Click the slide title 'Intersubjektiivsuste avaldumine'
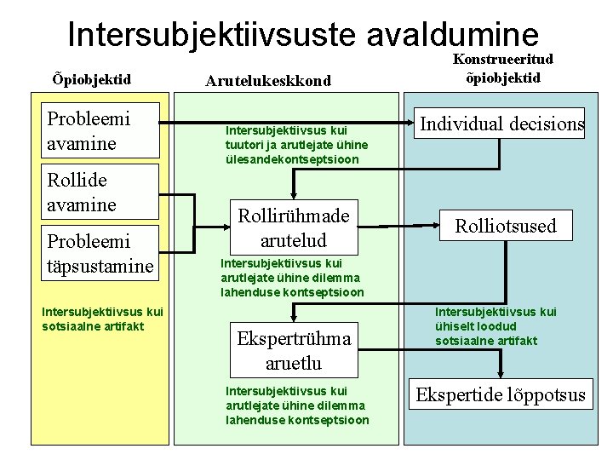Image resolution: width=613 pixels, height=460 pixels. tap(303, 34)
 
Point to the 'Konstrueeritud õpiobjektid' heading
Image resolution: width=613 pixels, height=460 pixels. tap(502, 67)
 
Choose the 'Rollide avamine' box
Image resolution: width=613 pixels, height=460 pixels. tap(100, 192)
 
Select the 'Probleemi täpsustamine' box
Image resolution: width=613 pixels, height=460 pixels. tap(100, 253)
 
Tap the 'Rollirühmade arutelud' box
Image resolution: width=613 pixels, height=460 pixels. tap(294, 226)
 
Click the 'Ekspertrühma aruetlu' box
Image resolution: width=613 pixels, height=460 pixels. tap(294, 350)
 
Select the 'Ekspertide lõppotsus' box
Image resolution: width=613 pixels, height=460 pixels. tap(501, 394)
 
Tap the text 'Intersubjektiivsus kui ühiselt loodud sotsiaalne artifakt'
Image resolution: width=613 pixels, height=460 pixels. tap(496, 326)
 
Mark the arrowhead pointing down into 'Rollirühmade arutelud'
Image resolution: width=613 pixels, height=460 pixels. tap(293, 195)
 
